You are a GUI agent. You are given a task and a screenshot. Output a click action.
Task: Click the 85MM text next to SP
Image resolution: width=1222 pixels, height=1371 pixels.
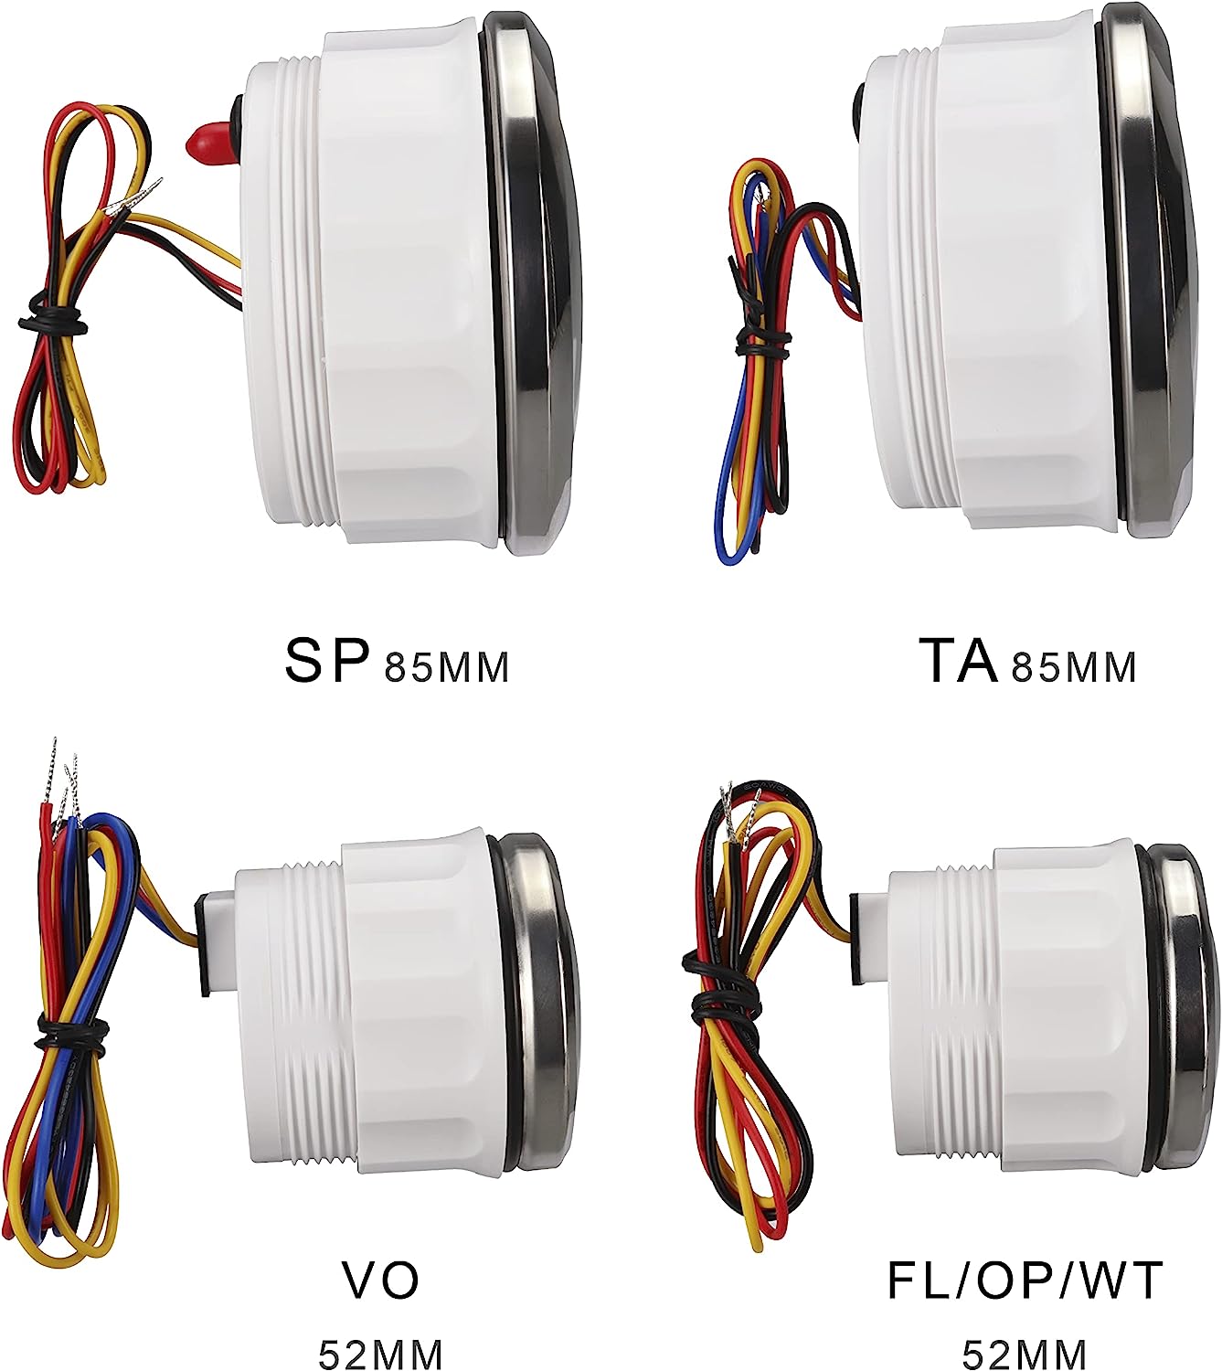point(446,667)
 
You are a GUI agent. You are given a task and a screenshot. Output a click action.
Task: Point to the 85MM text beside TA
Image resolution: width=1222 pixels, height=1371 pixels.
point(1073,667)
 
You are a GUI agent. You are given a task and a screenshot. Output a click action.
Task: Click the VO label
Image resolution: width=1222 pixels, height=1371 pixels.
point(380,1281)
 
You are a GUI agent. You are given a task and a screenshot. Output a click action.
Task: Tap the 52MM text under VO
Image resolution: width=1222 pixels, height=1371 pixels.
point(380,1351)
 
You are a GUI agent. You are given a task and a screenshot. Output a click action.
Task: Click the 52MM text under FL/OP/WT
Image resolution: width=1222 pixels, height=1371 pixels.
point(1025,1351)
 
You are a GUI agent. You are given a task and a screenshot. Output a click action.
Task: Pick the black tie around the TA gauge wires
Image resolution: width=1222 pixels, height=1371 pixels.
point(763,343)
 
